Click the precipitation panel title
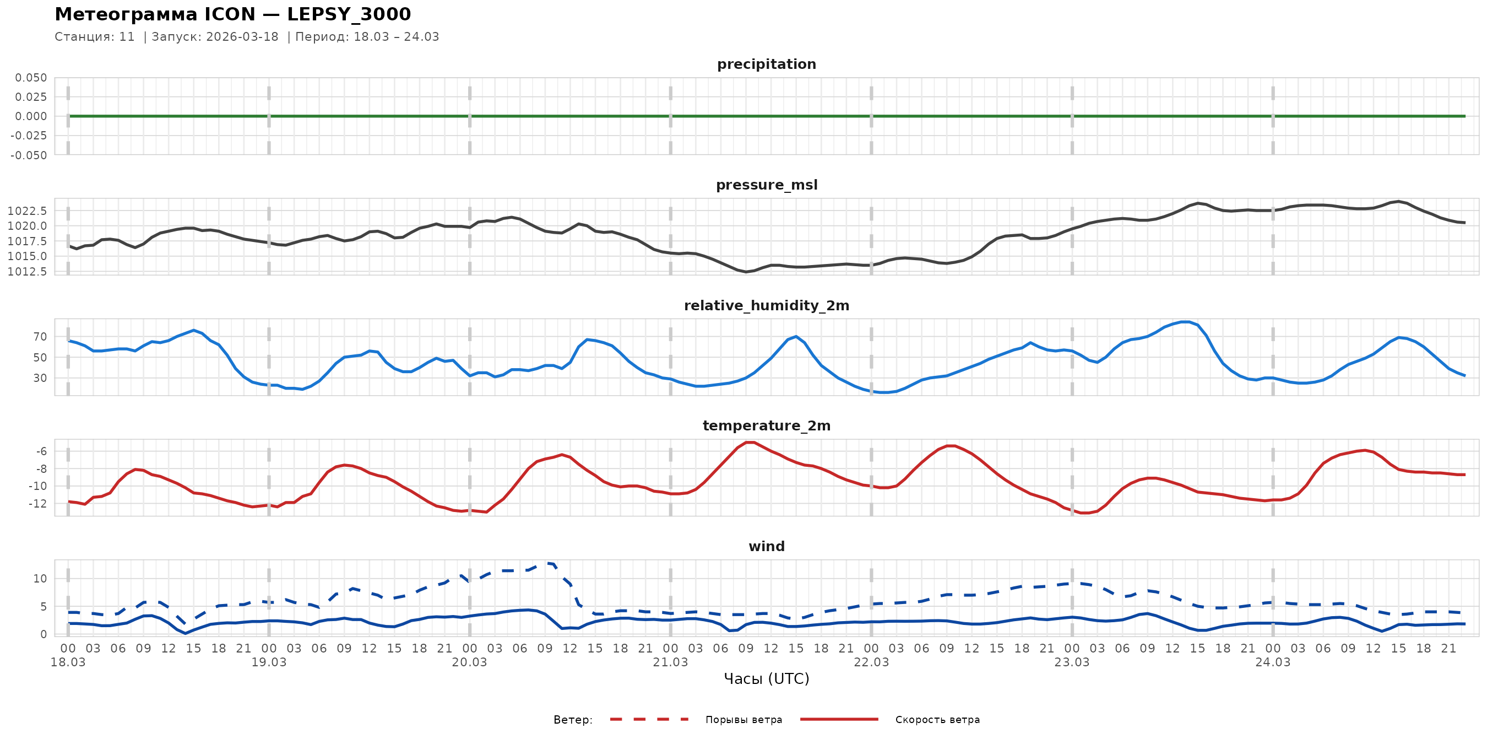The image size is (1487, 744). pos(766,64)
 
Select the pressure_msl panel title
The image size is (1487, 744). pos(766,185)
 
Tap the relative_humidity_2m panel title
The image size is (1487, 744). pos(766,305)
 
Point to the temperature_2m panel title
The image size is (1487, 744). pos(766,425)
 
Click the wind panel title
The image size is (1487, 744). pos(766,547)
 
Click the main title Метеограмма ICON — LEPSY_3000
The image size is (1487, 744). pos(232,14)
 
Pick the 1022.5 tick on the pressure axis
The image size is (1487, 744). pos(27,211)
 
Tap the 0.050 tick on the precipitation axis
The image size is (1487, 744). pos(31,78)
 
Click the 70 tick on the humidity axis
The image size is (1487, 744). pos(40,337)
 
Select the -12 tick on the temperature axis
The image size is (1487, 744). pos(38,504)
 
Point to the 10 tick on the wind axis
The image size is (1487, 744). pos(40,579)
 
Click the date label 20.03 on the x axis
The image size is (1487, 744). pos(469,662)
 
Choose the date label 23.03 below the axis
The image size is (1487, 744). pos(1071,662)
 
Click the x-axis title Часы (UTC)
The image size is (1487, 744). pos(766,679)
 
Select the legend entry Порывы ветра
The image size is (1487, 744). pos(743,720)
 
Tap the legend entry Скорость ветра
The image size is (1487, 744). pos(937,720)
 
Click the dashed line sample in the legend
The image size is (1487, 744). pos(649,720)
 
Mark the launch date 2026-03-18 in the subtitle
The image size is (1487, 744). pos(242,37)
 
